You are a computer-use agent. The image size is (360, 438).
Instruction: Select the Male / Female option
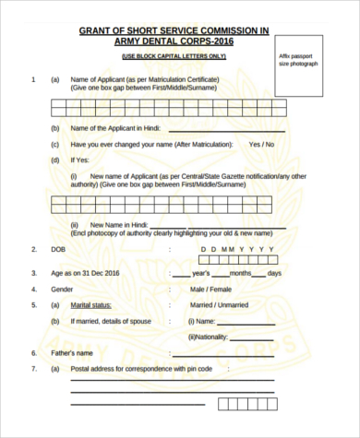[x=211, y=289]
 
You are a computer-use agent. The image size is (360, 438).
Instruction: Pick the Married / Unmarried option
[x=220, y=304]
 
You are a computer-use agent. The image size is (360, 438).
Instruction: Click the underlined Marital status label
[x=91, y=304]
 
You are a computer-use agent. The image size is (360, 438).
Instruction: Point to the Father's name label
[x=75, y=353]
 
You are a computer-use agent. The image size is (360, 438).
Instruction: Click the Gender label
[x=61, y=289]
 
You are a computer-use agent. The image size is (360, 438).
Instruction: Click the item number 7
[x=33, y=369]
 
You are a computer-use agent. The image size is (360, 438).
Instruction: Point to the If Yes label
[x=80, y=160]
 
